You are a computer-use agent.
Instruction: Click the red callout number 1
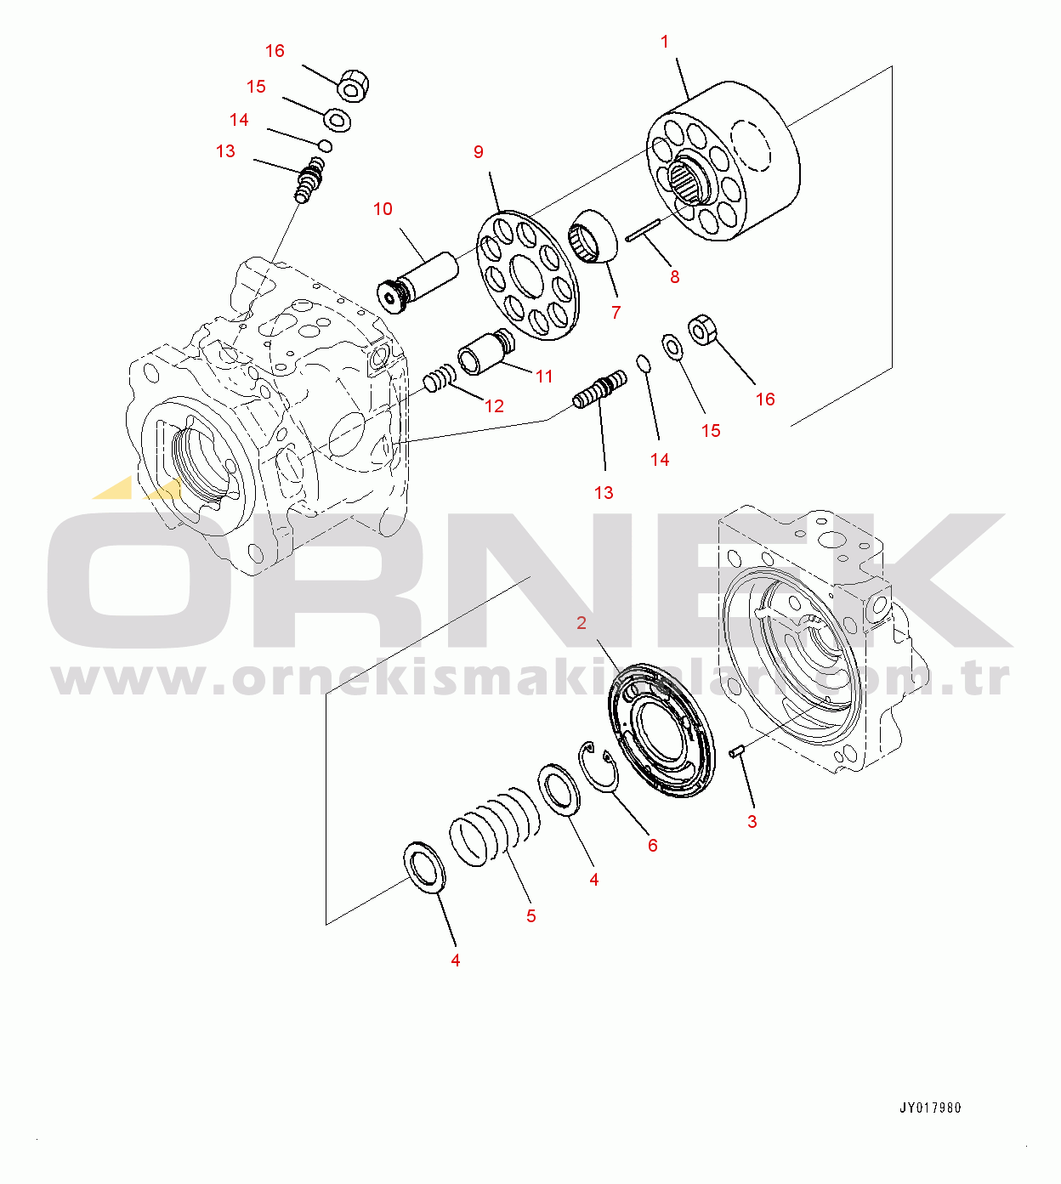pyautogui.click(x=664, y=42)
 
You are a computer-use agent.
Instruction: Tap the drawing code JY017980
pyautogui.click(x=930, y=1108)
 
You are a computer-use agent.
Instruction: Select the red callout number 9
pyautogui.click(x=478, y=152)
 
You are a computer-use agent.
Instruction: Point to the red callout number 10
pyautogui.click(x=383, y=209)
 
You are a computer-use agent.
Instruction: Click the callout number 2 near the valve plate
pyautogui.click(x=581, y=623)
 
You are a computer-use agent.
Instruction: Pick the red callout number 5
pyautogui.click(x=530, y=915)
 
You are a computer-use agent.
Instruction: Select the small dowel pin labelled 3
pyautogui.click(x=736, y=752)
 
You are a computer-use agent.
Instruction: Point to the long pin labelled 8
pyautogui.click(x=643, y=229)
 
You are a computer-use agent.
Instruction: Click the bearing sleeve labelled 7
pyautogui.click(x=593, y=236)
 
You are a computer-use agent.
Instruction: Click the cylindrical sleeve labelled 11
pyautogui.click(x=486, y=352)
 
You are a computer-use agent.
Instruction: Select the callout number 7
pyautogui.click(x=616, y=314)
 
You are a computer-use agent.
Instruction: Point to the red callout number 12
pyautogui.click(x=494, y=406)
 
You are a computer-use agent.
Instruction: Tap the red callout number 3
pyautogui.click(x=752, y=822)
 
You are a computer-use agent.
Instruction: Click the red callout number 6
pyautogui.click(x=652, y=845)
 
